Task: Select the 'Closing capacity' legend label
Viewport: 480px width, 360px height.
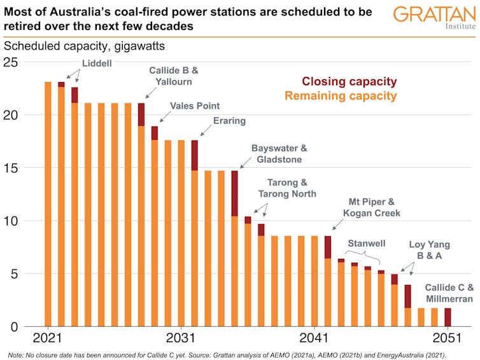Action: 349,81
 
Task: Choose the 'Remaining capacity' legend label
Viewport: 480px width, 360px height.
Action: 341,96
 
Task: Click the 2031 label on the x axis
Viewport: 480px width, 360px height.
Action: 181,338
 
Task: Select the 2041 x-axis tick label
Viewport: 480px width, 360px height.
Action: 314,338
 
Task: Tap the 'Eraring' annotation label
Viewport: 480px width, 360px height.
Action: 229,120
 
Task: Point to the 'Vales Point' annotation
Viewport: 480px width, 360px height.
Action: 194,106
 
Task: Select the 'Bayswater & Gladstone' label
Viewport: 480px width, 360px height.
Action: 279,153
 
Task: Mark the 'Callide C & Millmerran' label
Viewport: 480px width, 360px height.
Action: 449,293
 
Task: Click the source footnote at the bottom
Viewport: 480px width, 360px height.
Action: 236,354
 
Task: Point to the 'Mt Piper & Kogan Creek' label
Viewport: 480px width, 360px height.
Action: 372,207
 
